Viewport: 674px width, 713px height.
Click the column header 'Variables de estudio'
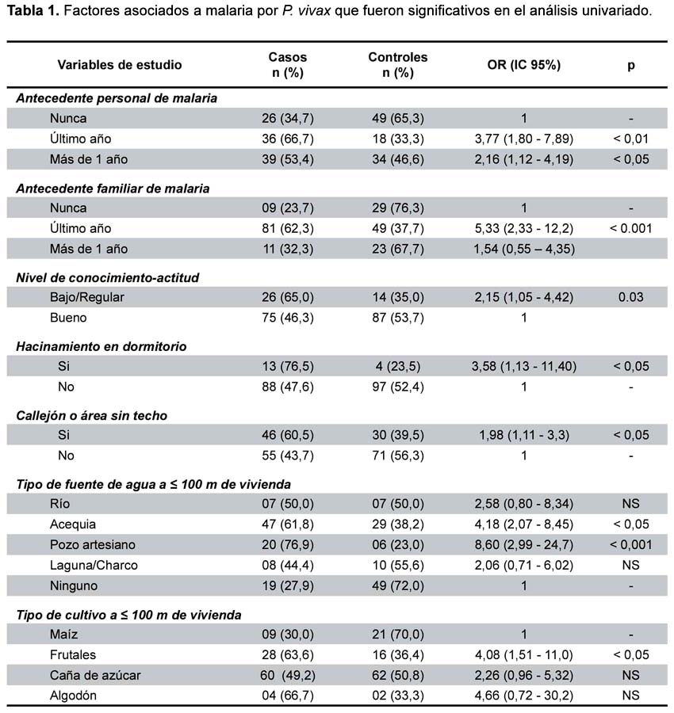click(x=119, y=65)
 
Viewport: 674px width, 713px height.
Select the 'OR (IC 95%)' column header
click(x=524, y=65)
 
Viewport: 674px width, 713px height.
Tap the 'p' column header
click(x=630, y=66)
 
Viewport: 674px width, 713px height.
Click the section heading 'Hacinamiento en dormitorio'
click(x=101, y=346)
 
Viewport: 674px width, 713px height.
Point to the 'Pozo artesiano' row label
click(x=93, y=544)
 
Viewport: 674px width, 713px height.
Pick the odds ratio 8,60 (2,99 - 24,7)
click(x=524, y=545)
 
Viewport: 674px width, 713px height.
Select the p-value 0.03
click(x=630, y=297)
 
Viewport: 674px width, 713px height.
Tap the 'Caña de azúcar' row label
click(x=95, y=675)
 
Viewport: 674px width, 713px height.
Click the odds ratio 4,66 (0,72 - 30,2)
click(x=524, y=696)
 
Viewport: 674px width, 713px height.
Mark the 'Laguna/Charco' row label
click(x=94, y=565)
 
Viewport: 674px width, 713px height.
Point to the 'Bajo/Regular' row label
click(x=87, y=297)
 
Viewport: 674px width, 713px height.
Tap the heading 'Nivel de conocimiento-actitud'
click(x=107, y=278)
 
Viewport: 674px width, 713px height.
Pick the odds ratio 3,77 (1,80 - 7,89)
click(x=524, y=139)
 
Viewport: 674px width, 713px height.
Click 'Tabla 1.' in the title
click(x=33, y=10)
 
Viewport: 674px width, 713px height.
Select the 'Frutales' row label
click(x=73, y=655)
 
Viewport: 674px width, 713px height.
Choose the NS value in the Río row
click(x=630, y=504)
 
